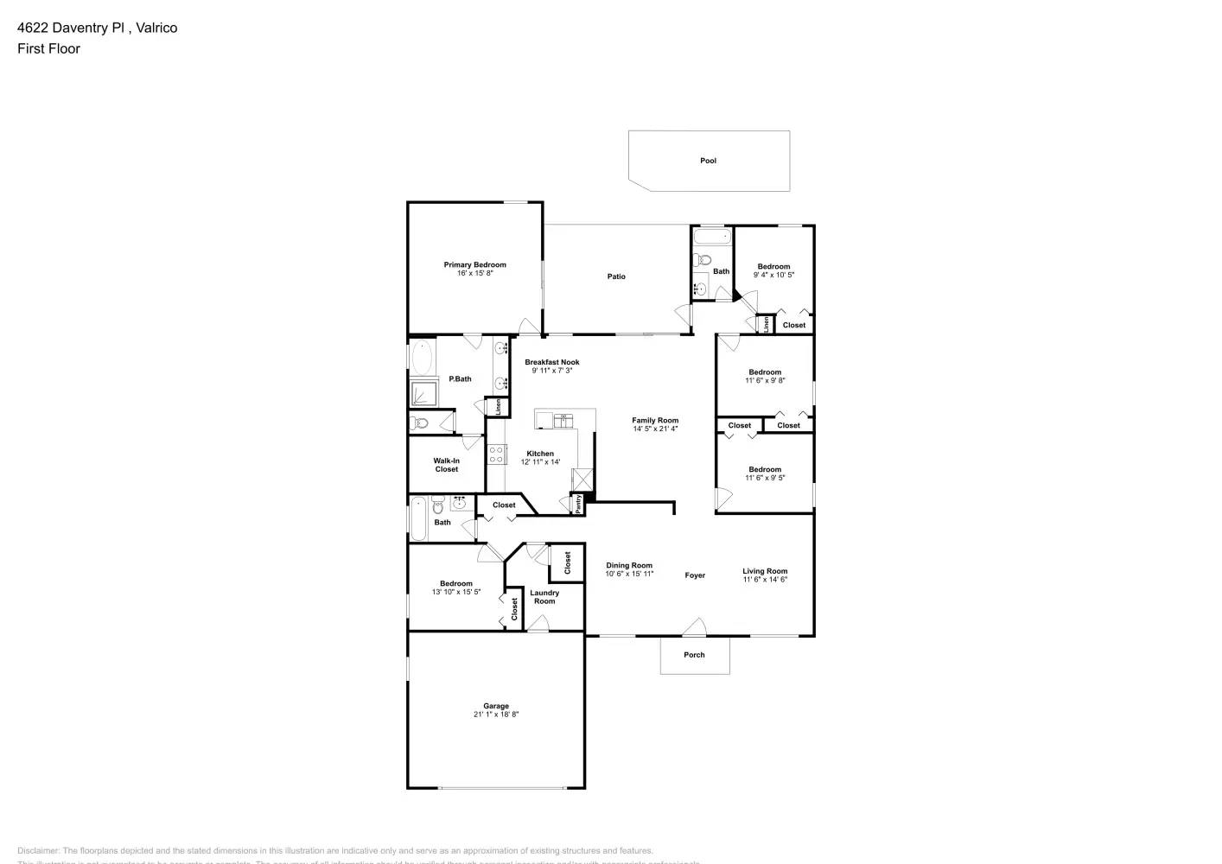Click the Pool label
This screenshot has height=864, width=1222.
coord(708,161)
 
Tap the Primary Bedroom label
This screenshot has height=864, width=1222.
coord(474,264)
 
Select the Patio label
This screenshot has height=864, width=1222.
coord(616,276)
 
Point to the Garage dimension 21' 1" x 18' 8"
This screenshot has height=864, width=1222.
coord(496,715)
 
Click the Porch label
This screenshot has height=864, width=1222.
coord(694,655)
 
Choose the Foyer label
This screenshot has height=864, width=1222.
coord(695,575)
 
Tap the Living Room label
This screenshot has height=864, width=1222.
coord(765,571)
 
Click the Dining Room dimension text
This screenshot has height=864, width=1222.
coord(629,574)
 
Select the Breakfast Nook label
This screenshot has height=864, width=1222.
coord(552,362)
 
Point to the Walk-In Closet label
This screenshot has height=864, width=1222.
coord(447,465)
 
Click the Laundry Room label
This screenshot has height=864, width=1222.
coord(544,597)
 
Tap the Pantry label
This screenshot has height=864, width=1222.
coord(578,504)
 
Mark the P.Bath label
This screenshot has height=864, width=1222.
coord(460,379)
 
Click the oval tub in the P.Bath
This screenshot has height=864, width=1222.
coord(422,357)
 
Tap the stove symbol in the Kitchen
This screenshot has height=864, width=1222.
coord(497,454)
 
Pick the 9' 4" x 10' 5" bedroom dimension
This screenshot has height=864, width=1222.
coord(773,275)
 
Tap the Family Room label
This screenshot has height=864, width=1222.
coord(655,420)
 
